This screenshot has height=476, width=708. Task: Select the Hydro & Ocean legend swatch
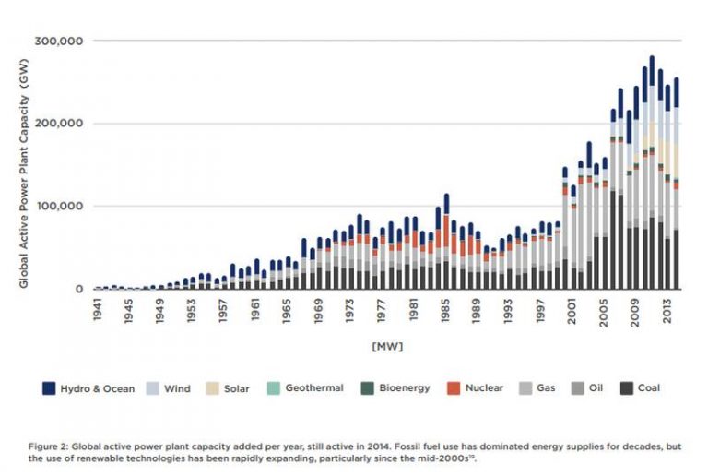pyautogui.click(x=49, y=388)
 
